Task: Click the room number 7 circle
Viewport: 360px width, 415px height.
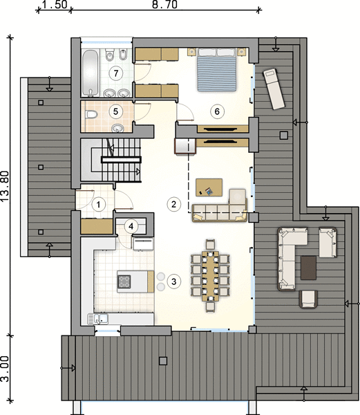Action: coord(116,73)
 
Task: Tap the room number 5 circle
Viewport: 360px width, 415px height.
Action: coord(116,111)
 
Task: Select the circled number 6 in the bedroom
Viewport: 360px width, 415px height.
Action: coord(217,111)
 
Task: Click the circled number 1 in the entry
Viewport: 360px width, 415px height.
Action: coord(98,205)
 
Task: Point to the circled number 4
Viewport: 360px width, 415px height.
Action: coord(131,227)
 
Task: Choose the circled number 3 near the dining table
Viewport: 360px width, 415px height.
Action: coord(173,282)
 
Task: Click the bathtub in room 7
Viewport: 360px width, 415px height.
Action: coord(91,73)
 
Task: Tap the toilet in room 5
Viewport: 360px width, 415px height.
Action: coord(91,115)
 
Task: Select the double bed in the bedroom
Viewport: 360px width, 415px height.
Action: coord(217,70)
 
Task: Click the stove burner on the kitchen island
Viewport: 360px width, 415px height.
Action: coord(124,282)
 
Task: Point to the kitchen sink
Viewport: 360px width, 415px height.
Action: coord(98,319)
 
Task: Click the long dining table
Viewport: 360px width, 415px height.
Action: coord(210,276)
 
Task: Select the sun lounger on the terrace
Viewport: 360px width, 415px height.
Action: coord(274,89)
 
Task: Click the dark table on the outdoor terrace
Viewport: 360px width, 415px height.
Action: coord(308,268)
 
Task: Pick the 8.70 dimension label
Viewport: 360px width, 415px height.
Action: coord(164,5)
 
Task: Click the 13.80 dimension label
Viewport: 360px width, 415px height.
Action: coord(5,186)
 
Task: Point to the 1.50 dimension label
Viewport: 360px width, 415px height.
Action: coord(55,5)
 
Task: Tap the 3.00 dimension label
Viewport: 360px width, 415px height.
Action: coord(5,369)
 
